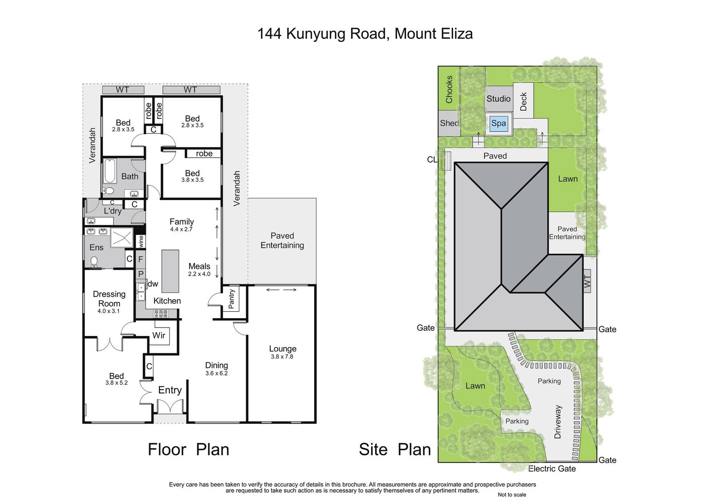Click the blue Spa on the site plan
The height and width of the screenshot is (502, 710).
(498, 123)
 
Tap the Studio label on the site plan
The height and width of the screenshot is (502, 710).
(498, 99)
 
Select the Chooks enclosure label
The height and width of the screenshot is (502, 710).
(449, 89)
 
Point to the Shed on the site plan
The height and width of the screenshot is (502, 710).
(449, 123)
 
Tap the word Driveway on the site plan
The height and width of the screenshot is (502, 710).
(557, 422)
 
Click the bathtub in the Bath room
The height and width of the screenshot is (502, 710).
(110, 171)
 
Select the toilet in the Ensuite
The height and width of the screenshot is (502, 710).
(94, 261)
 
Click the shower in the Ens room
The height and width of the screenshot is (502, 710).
(122, 237)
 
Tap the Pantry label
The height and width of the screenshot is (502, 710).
(231, 299)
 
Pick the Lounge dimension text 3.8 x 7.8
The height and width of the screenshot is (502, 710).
(282, 356)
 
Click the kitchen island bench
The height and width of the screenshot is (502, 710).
(170, 271)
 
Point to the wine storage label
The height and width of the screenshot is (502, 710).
(141, 241)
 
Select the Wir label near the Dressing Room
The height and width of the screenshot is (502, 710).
(159, 335)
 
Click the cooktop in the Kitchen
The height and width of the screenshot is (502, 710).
(161, 314)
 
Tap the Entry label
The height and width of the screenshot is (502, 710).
(170, 390)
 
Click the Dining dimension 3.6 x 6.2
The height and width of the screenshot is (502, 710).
(217, 373)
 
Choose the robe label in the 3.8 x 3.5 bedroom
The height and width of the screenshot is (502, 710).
(204, 154)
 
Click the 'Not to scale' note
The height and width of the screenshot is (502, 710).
(512, 495)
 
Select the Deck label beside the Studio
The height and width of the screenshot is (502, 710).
(523, 102)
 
